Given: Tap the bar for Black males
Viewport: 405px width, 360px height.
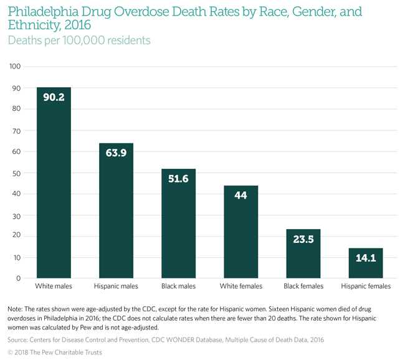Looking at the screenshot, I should (178, 224).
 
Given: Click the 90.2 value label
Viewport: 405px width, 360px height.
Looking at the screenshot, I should (54, 97).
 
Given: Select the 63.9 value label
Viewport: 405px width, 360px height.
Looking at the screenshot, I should (116, 153).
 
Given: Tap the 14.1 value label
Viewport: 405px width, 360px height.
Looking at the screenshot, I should (366, 258).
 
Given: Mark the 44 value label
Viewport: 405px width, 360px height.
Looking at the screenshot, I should (241, 195).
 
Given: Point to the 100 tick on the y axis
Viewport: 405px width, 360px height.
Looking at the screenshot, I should (16, 67).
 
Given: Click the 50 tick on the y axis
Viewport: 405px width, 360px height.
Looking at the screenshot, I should (17, 173).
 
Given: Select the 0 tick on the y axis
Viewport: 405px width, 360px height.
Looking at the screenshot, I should (19, 278).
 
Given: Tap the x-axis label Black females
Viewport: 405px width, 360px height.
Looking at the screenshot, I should (303, 287).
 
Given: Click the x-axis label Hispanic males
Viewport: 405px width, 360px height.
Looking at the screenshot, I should (116, 287).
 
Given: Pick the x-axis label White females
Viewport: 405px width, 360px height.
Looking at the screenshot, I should (241, 287).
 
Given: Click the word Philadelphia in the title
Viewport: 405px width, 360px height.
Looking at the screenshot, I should (43, 12).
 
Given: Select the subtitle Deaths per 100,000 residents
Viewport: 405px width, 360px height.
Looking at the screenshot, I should (79, 40).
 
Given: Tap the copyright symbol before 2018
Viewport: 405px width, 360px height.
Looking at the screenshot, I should (11, 352).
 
